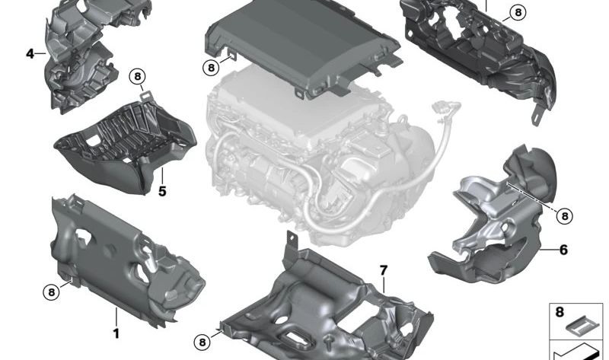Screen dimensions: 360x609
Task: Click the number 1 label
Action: pyautogui.click(x=116, y=333)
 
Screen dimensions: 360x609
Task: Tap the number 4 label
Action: pyautogui.click(x=30, y=54)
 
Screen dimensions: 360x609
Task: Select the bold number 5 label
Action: pyautogui.click(x=162, y=191)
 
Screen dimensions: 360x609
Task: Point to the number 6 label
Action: pyautogui.click(x=563, y=249)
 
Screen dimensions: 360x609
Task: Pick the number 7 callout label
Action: pyautogui.click(x=384, y=270)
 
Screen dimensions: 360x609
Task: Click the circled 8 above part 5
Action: pyautogui.click(x=137, y=76)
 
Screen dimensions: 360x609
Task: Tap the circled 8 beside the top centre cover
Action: pyautogui.click(x=211, y=68)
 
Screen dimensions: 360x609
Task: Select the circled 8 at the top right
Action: pyautogui.click(x=517, y=12)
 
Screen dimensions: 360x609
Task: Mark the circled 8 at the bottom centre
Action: pyautogui.click(x=202, y=342)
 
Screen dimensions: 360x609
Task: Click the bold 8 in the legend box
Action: pyautogui.click(x=560, y=312)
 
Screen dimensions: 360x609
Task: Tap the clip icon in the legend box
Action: pyautogui.click(x=582, y=326)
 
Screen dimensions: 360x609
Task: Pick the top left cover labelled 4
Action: pyautogui.click(x=80, y=57)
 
